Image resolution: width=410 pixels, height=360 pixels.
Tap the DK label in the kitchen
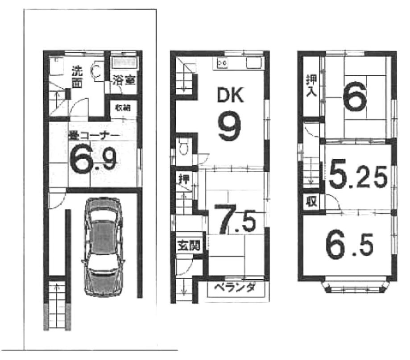[230, 95]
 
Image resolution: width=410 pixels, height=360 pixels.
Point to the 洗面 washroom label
[78, 76]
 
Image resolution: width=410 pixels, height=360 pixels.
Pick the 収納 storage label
[123, 108]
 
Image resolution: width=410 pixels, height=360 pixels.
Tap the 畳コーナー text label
[93, 136]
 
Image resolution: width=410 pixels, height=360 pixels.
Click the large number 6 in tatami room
[355, 98]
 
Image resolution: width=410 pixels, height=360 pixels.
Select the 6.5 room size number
[348, 244]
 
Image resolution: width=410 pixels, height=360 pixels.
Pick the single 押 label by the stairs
[183, 179]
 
